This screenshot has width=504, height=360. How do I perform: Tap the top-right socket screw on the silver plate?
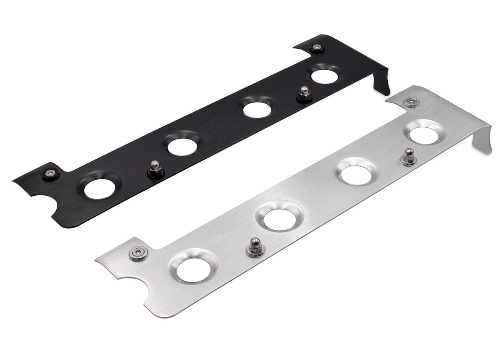click(411, 102)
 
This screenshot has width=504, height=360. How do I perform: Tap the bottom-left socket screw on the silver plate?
click(139, 254)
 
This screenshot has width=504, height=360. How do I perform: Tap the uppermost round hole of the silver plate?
click(424, 135)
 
